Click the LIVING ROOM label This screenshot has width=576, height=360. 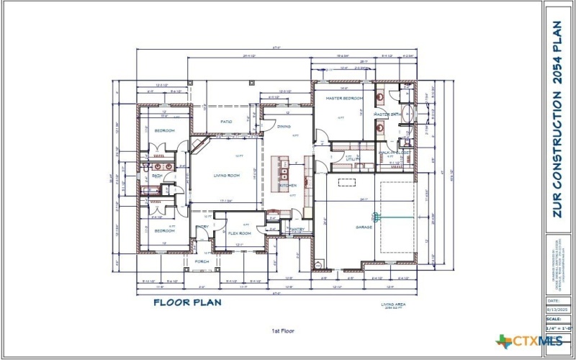click(x=225, y=175)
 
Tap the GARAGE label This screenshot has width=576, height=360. click(x=364, y=228)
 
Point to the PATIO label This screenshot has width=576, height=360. click(x=225, y=122)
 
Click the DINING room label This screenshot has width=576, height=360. click(x=284, y=126)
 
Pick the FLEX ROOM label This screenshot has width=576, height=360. click(x=239, y=233)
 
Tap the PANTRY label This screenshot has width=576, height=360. click(x=297, y=230)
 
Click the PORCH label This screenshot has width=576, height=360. click(x=202, y=261)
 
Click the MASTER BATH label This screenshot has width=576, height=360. click(x=387, y=114)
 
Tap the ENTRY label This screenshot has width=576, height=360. click(x=202, y=228)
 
